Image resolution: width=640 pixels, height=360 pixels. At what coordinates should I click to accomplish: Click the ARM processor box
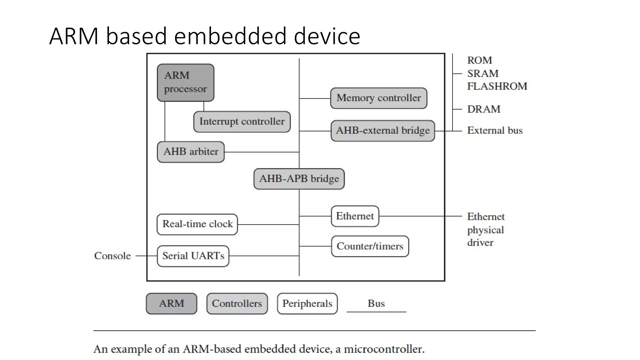185,82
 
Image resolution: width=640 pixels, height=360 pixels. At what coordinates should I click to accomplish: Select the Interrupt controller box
242,122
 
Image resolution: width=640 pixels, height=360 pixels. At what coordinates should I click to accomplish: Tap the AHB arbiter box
191,152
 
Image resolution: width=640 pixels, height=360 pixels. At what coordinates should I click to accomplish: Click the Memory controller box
378,98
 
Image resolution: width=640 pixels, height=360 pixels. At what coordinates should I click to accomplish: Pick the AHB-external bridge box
382,131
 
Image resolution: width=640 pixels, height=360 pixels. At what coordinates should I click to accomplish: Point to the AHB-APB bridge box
299,179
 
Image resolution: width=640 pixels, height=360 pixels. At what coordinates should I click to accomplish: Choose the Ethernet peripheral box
355,216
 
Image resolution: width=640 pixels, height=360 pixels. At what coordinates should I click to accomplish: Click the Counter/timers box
370,246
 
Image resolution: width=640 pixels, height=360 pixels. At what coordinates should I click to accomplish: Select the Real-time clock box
197,224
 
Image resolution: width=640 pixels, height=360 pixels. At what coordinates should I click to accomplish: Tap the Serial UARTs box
193,256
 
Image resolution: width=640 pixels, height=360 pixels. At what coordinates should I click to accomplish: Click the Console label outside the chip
112,256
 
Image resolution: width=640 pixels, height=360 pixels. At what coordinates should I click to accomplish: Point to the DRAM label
483,109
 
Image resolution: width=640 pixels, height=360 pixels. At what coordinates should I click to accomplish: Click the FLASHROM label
497,86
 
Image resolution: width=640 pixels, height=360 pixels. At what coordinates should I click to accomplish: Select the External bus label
494,130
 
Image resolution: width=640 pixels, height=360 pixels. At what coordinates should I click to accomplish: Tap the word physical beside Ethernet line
485,230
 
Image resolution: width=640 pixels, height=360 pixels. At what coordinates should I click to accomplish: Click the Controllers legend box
237,303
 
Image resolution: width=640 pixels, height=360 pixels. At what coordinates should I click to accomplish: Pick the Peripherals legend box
307,303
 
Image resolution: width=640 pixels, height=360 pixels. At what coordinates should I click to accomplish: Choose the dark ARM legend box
171,303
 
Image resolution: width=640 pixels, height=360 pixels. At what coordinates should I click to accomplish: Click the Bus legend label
376,303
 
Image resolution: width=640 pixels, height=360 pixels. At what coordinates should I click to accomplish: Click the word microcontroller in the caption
384,349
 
